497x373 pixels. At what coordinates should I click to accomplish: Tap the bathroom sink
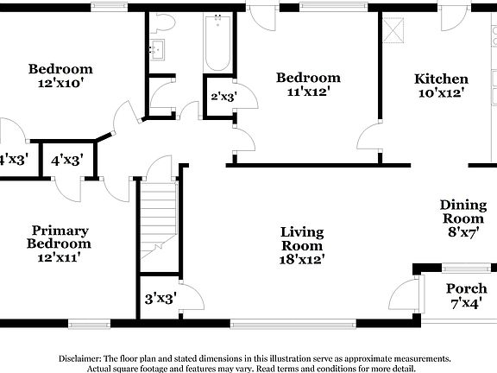(157, 49)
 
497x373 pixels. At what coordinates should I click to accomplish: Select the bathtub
(216, 43)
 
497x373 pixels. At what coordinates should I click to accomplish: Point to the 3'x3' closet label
(160, 299)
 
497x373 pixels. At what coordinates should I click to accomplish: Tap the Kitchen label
(441, 79)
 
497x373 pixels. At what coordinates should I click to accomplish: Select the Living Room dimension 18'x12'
(302, 258)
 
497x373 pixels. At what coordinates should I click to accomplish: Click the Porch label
(466, 288)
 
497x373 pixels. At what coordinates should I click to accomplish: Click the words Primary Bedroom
(60, 237)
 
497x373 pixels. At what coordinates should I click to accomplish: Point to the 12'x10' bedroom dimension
(60, 85)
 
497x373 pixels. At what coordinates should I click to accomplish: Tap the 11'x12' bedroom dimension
(307, 92)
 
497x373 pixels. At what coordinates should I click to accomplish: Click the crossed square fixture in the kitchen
(394, 33)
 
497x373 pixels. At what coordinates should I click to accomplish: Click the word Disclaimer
(79, 357)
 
